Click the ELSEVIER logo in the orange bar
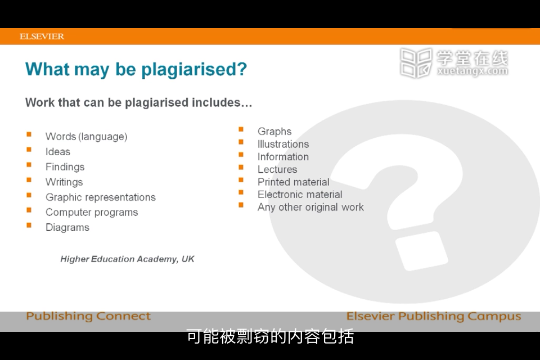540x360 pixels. [42, 37]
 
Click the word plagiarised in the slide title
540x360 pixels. [194, 70]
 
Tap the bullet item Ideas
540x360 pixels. [58, 151]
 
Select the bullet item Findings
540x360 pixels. [65, 167]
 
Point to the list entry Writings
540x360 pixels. [64, 182]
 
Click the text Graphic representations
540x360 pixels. [101, 197]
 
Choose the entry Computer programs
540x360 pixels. [92, 213]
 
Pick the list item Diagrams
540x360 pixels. [67, 228]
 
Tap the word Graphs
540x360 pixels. [274, 132]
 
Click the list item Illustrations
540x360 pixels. [283, 144]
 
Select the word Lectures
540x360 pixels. [277, 169]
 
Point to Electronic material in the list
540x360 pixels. [300, 195]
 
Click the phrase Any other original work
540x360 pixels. [310, 208]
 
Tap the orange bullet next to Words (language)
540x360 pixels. [29, 134]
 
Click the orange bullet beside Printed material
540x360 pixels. [241, 180]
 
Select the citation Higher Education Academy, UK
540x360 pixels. [128, 259]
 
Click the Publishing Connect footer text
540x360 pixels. [88, 316]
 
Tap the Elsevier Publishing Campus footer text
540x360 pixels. [434, 316]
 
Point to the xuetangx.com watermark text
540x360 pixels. [472, 71]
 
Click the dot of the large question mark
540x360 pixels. [421, 251]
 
